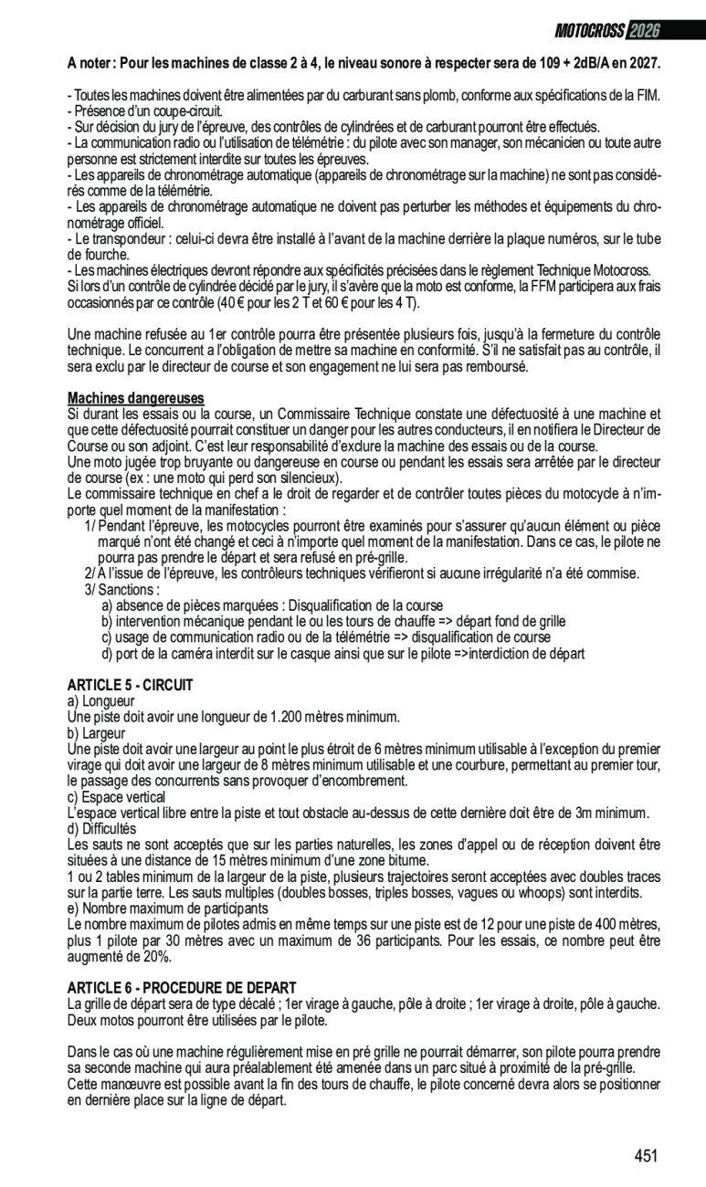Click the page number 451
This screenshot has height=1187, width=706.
point(646,1156)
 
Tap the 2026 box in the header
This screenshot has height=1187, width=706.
point(643,31)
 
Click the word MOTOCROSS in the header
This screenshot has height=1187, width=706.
point(588,31)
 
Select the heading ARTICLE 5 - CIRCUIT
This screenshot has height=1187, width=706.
point(130,685)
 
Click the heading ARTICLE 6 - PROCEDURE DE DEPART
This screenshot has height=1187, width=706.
point(182,988)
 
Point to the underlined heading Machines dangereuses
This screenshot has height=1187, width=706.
point(136,398)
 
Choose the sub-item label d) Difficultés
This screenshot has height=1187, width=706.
point(101,829)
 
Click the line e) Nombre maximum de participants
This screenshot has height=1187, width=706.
point(168,909)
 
